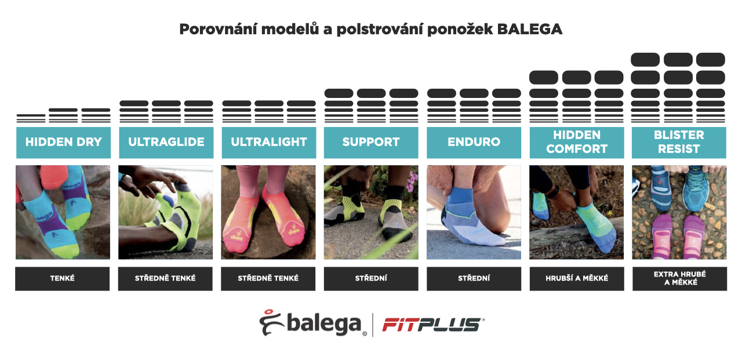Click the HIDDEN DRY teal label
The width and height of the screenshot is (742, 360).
[63, 142]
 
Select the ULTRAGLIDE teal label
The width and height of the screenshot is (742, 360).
[166, 142]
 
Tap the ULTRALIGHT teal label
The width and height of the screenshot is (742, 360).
[268, 142]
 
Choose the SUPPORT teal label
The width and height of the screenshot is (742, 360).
[371, 142]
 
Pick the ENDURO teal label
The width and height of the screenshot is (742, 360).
[474, 142]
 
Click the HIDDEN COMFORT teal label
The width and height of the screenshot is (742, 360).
[576, 142]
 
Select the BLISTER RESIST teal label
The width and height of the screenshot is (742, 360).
[679, 142]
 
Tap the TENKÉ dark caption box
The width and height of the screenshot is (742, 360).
[63, 278]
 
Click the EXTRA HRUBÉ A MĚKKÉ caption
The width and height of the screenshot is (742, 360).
[679, 278]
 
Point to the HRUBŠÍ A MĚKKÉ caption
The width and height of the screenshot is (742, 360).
[577, 278]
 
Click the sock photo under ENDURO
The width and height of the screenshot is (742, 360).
[474, 212]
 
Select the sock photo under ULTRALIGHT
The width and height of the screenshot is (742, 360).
[268, 212]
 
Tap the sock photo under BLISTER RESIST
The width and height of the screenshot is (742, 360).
[679, 212]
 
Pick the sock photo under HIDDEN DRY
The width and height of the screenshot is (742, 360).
[63, 212]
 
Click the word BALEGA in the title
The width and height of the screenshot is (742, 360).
[530, 30]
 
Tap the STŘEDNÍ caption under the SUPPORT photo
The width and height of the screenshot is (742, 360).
[371, 278]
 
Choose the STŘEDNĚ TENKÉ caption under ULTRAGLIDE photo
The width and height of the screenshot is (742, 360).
[165, 278]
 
